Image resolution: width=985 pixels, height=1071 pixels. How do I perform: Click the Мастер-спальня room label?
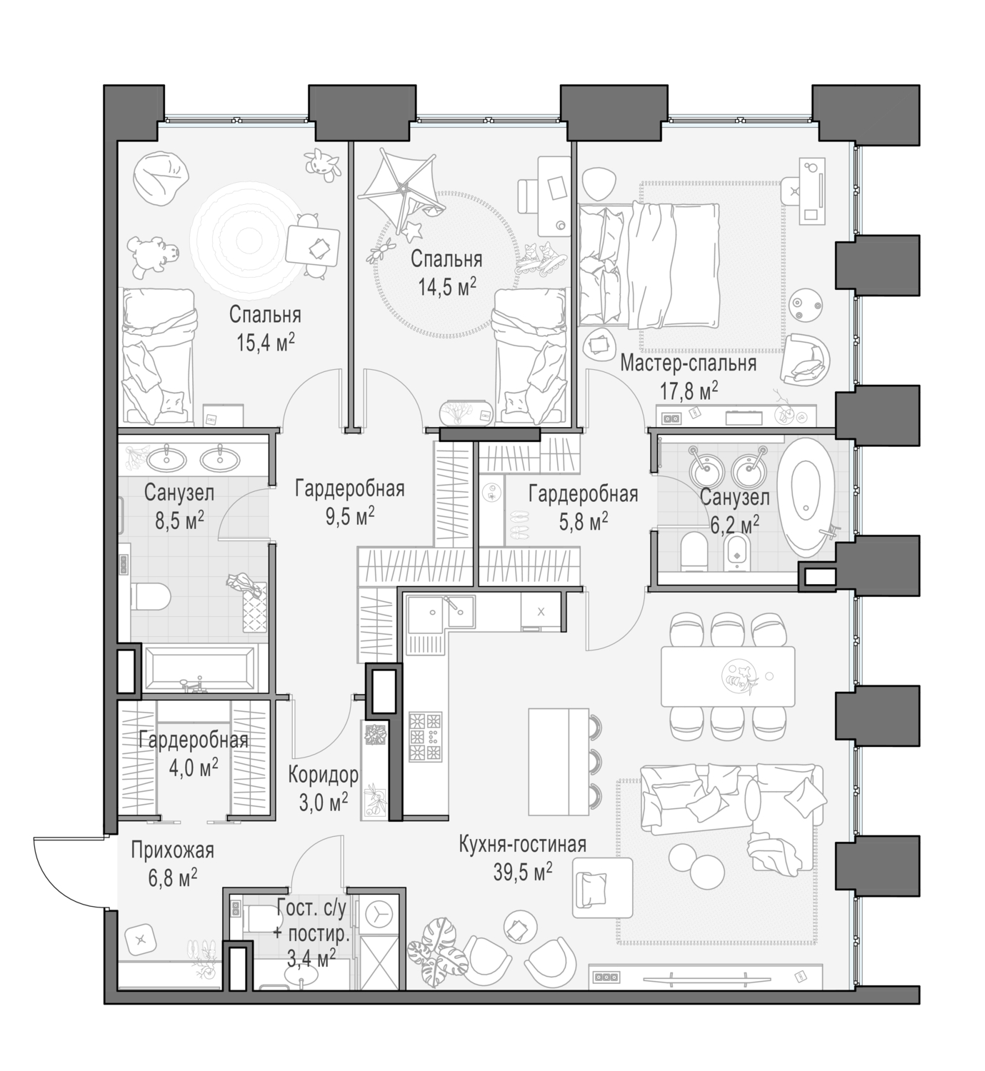(687, 364)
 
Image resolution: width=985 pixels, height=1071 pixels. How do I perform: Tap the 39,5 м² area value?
(522, 871)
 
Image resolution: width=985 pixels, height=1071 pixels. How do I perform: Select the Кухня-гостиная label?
(522, 845)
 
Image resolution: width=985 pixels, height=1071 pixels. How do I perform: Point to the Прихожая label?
(172, 850)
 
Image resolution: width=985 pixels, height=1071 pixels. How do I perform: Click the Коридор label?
(323, 775)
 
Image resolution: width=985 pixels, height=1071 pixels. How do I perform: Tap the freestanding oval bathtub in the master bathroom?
(808, 498)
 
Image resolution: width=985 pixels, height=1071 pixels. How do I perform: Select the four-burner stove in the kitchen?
(426, 736)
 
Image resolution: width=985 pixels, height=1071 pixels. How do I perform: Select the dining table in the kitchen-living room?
(727, 675)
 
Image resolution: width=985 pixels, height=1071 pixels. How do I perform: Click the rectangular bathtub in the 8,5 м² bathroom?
(199, 668)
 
